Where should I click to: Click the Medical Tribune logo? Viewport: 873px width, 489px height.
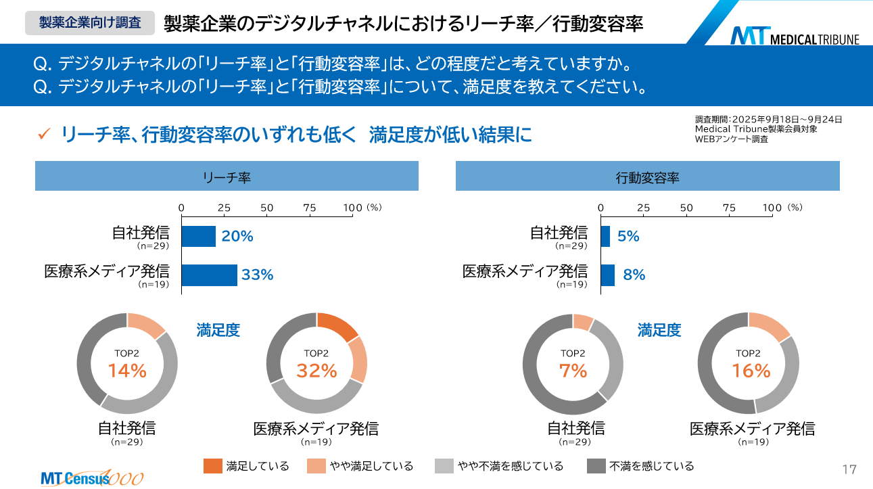point(794,37)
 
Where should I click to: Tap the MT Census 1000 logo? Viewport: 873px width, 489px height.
point(92,478)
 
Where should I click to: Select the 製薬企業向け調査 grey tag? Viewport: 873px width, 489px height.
point(90,22)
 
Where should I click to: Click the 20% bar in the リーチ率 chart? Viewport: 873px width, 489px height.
point(198,236)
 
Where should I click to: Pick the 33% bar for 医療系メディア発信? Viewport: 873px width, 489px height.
point(210,275)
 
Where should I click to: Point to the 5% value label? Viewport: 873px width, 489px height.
point(628,236)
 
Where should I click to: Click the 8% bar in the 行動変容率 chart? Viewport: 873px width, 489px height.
point(608,275)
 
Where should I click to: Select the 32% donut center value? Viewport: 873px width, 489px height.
point(316,370)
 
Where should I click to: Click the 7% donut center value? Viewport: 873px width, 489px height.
point(573,370)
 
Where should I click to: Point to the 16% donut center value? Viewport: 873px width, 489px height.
point(751,370)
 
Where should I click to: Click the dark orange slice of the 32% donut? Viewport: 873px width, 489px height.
point(337,326)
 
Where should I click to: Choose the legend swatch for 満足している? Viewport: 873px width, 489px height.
point(212,466)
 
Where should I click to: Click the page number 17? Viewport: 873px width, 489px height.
point(849,469)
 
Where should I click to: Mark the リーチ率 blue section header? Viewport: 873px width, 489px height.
point(227,177)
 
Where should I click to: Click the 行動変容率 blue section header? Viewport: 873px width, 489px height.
point(647,177)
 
